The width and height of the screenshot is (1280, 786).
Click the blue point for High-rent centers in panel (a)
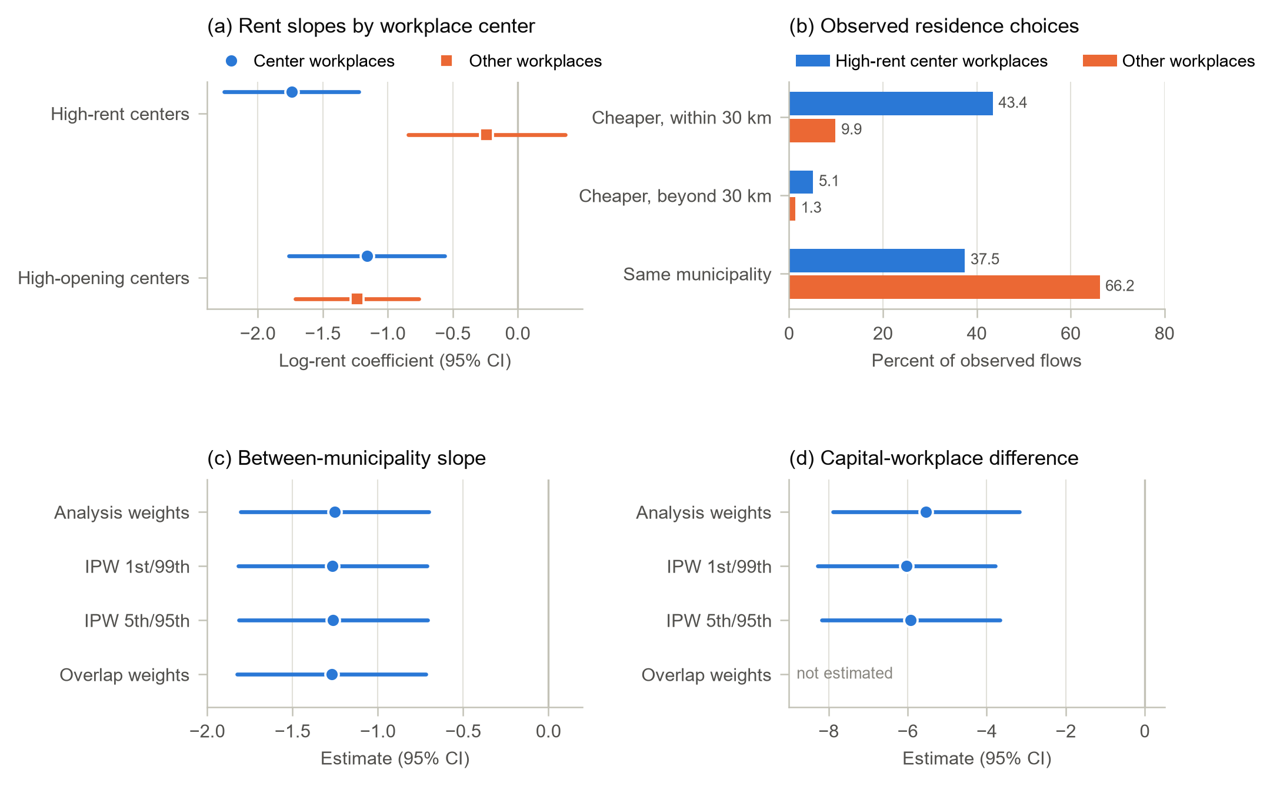(292, 92)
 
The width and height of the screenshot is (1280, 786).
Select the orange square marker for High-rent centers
(486, 135)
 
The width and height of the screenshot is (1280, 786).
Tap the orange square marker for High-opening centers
(357, 299)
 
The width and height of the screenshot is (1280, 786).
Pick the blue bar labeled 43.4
(891, 104)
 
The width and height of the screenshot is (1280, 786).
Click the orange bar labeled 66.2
(944, 287)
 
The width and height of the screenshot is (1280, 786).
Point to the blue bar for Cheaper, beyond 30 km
(801, 182)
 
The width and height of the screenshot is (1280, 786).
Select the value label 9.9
(851, 129)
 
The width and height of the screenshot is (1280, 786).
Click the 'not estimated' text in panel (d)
(844, 673)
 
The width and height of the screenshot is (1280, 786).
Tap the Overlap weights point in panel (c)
(332, 674)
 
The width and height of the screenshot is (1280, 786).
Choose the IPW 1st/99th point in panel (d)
(906, 566)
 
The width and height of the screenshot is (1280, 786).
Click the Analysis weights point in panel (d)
(926, 512)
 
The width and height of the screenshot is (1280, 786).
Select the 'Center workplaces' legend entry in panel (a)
(311, 61)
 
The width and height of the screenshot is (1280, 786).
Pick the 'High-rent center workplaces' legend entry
(922, 61)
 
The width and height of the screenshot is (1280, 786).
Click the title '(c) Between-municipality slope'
(346, 458)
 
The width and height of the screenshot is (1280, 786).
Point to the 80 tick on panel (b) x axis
(1164, 334)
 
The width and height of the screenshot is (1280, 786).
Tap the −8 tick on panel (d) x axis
(829, 731)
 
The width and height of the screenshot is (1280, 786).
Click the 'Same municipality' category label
(697, 274)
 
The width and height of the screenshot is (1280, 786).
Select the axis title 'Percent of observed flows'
(976, 361)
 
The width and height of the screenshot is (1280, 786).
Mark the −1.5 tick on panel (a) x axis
(323, 334)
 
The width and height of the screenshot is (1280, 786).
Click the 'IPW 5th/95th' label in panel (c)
(137, 621)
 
